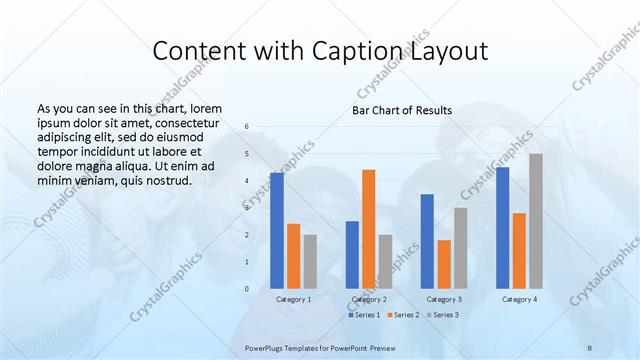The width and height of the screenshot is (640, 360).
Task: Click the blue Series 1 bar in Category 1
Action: [x=277, y=230]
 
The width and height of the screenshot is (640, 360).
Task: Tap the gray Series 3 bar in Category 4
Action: [x=536, y=221]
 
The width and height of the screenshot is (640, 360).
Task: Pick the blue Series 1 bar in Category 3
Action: [x=427, y=241]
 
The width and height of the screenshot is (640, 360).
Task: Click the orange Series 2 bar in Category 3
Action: [x=444, y=264]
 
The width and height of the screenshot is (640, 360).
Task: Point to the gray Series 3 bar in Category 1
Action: [x=310, y=261]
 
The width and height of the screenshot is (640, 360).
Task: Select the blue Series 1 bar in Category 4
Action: [x=503, y=227]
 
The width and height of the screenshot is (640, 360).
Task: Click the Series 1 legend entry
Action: [x=364, y=315]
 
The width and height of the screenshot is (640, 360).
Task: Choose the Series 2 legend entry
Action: [x=403, y=315]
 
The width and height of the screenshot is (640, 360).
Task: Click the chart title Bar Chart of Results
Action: [x=402, y=110]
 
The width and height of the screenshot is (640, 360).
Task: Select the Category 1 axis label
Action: [x=293, y=299]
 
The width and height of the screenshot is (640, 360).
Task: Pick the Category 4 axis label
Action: [x=519, y=299]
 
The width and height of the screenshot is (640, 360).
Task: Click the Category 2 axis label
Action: [x=369, y=299]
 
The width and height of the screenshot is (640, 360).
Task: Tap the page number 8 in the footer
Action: [x=590, y=346]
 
